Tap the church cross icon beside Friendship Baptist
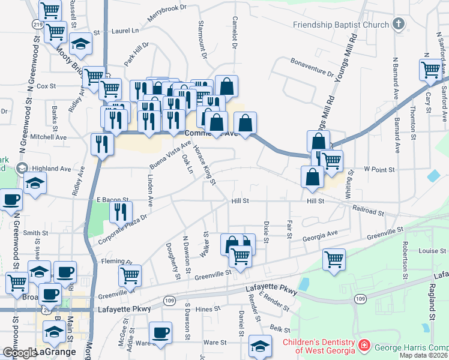pyautogui.click(x=397, y=25)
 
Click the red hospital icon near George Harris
pyautogui.click(x=364, y=346)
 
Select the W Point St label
pyautogui.click(x=380, y=170)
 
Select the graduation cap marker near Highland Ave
pyautogui.click(x=35, y=182)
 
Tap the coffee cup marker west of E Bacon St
pyautogui.click(x=11, y=199)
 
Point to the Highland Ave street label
pyautogui.click(x=52, y=169)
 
